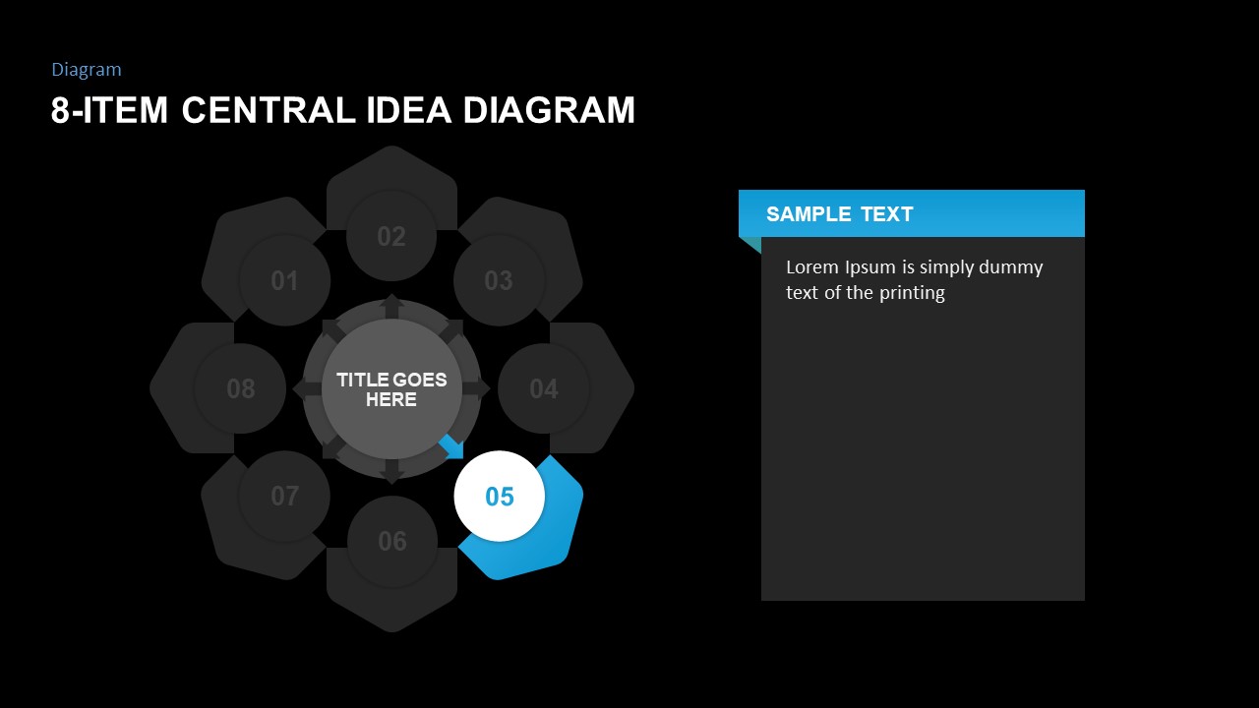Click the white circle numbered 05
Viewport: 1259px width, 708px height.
(499, 497)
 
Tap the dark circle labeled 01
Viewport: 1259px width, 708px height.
(284, 280)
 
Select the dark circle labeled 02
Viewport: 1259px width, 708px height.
(391, 236)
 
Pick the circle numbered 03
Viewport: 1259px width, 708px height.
(499, 280)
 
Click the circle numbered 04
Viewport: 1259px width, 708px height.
(544, 388)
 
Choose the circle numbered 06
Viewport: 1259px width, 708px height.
(392, 541)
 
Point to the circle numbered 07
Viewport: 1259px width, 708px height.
(284, 497)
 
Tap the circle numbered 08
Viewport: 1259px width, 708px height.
(240, 388)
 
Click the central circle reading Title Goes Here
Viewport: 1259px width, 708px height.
(391, 388)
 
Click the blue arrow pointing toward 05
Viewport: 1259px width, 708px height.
(452, 447)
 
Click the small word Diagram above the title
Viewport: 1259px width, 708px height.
(87, 70)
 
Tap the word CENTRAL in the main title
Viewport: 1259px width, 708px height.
(269, 109)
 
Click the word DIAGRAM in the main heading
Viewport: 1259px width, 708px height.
(549, 109)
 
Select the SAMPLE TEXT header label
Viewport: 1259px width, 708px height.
(840, 214)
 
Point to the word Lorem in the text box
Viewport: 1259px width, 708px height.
(812, 266)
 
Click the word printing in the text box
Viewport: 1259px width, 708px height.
(912, 293)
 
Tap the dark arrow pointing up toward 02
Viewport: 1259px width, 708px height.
(391, 306)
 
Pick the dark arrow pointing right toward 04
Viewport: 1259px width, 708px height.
(476, 388)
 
